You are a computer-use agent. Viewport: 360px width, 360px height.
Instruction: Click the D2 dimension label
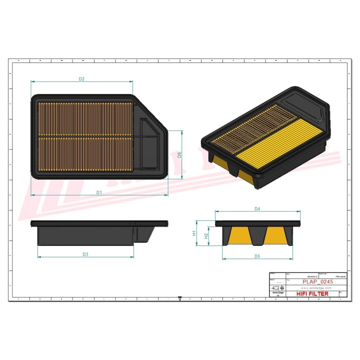[x=81, y=79]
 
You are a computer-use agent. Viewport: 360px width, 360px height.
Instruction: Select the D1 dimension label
[x=99, y=192]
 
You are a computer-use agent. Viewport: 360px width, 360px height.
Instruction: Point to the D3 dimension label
[x=85, y=254]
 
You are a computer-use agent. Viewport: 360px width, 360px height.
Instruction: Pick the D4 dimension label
[x=257, y=209]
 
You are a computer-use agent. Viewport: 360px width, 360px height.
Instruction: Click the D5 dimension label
[x=257, y=256]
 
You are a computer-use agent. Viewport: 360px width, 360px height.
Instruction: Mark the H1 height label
[x=194, y=233]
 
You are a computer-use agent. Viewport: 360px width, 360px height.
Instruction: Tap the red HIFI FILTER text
[x=312, y=294]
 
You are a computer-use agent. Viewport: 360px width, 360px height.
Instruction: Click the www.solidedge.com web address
[x=316, y=288]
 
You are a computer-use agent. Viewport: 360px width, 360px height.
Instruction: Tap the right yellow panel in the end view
[x=274, y=234]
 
